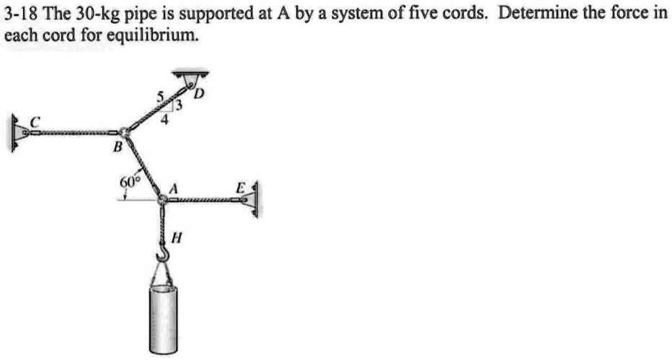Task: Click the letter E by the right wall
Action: (241, 188)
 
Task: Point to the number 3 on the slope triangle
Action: (181, 106)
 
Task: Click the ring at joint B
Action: (125, 132)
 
